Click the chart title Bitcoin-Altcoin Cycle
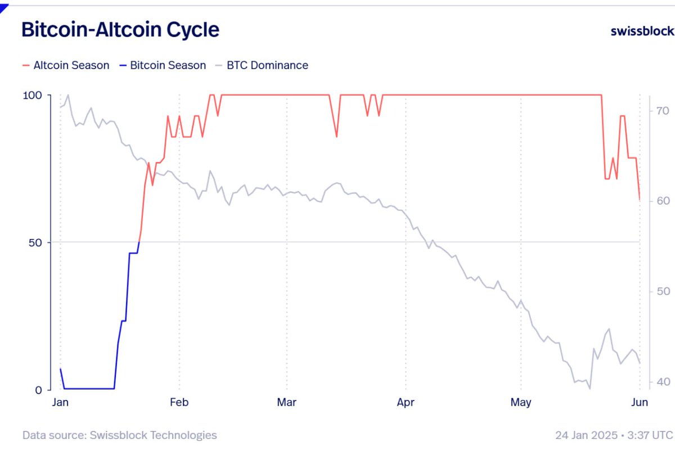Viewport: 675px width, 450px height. (x=120, y=29)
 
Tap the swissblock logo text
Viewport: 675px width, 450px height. (x=642, y=31)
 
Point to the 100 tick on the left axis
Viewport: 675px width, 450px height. (x=32, y=96)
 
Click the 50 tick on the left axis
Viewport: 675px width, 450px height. (x=35, y=242)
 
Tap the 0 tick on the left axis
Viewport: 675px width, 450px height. (x=39, y=390)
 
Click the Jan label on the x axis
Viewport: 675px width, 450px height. (x=60, y=402)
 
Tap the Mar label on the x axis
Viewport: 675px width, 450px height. (x=286, y=402)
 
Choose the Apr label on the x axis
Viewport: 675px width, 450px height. (x=406, y=402)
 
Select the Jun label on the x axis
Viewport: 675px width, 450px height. (x=640, y=402)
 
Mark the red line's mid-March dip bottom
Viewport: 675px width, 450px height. (x=336, y=137)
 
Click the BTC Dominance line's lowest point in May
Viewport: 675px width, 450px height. (x=589, y=388)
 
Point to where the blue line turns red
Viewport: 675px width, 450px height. (x=139, y=242)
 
